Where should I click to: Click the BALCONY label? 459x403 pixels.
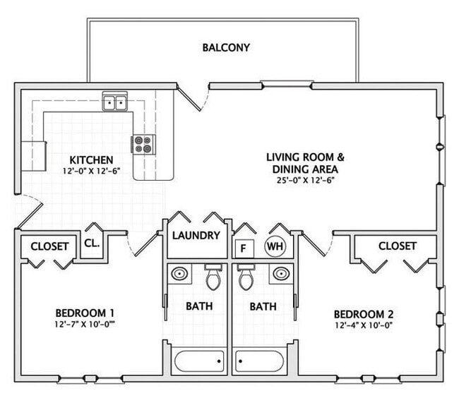point(226,48)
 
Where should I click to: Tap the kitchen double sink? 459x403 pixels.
point(114,103)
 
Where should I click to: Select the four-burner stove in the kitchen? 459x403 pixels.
point(143,144)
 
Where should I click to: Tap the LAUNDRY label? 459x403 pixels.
point(196,236)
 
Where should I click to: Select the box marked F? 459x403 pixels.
point(244,248)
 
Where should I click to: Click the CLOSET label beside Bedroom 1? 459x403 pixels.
point(49,246)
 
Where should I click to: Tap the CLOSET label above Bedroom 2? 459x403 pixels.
point(398,246)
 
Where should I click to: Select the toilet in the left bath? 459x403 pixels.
point(213,277)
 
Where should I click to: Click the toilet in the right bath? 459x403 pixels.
point(246,277)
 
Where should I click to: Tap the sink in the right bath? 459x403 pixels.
point(281,273)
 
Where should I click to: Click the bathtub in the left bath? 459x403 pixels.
point(198,361)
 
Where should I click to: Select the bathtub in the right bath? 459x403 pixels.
point(263,361)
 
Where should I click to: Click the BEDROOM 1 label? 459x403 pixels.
point(85,313)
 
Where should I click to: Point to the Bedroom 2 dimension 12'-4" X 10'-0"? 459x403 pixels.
point(363,326)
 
